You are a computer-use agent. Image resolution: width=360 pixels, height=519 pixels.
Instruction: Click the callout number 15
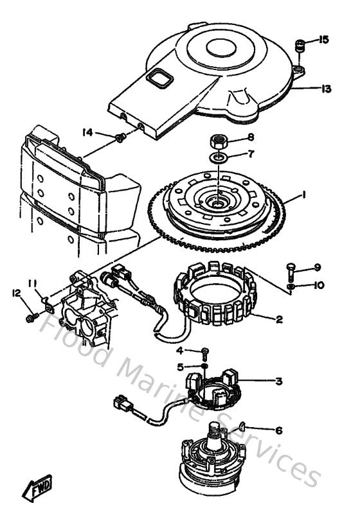coord(323,40)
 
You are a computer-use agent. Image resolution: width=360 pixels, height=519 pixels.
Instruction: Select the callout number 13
coord(326,89)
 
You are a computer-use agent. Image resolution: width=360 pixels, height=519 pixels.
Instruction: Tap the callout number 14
coord(88,132)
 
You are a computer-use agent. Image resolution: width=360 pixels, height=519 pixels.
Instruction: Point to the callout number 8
coord(251,137)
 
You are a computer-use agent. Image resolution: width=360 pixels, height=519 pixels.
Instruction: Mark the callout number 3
coord(278,381)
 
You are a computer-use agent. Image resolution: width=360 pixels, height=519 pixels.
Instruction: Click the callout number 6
coord(278,430)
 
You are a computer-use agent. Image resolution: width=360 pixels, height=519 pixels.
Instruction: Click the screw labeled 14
coord(120,137)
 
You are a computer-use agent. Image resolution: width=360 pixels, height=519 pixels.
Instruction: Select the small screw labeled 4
coord(205,351)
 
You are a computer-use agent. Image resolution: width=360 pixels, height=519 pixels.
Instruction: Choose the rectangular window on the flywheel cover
coord(157,80)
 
